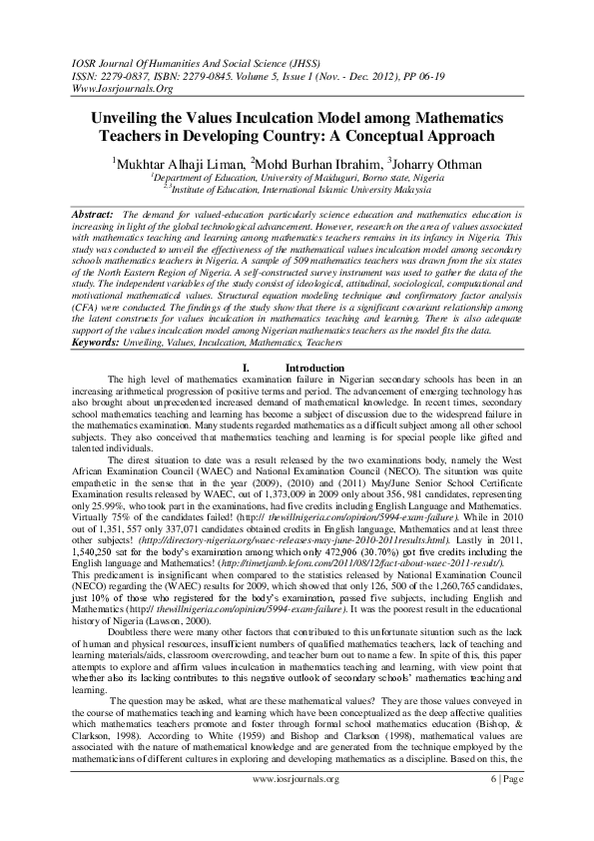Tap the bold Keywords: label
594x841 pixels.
103,342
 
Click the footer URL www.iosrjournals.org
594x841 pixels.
296,805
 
